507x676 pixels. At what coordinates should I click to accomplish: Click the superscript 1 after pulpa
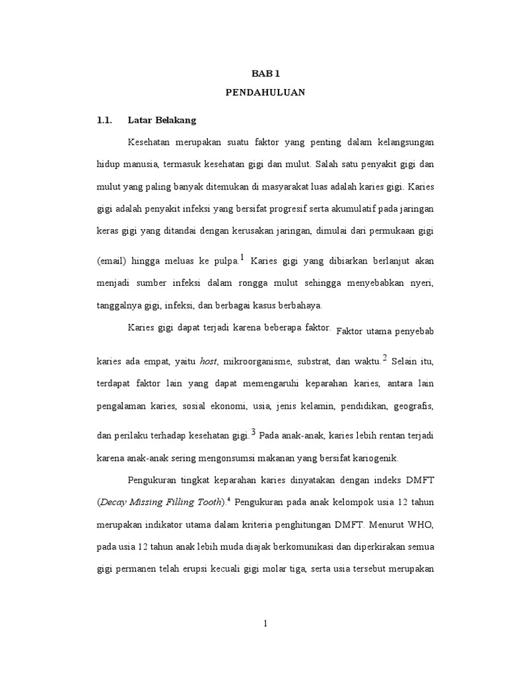click(243, 257)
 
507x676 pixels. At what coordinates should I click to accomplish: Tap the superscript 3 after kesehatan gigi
click(253, 432)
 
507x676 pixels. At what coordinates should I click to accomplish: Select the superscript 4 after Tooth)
click(229, 500)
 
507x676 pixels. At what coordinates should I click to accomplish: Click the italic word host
click(209, 361)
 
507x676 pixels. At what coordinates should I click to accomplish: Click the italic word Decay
click(114, 502)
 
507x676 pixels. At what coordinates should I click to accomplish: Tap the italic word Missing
click(150, 502)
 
